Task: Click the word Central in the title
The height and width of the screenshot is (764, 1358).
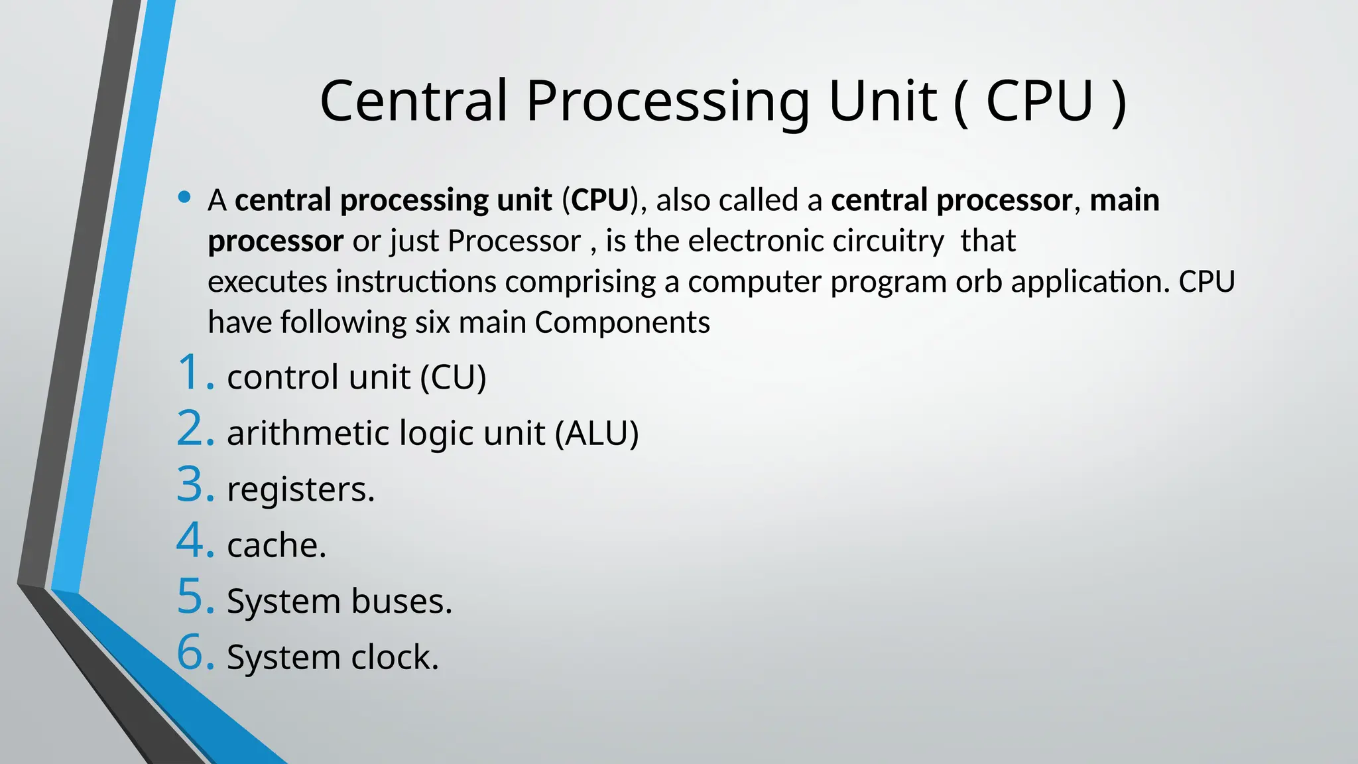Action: point(414,101)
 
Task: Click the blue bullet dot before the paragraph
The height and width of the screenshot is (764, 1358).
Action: point(184,197)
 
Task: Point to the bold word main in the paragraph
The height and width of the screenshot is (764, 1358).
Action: point(1125,200)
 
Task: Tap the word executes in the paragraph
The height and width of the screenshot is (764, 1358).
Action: point(267,282)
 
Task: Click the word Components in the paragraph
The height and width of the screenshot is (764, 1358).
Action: point(622,323)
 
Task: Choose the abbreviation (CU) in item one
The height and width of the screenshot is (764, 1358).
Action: point(454,377)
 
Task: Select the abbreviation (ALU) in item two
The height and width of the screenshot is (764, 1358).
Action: point(597,434)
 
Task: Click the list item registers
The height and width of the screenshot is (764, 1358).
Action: point(300,490)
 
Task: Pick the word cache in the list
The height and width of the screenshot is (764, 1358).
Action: point(273,546)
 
